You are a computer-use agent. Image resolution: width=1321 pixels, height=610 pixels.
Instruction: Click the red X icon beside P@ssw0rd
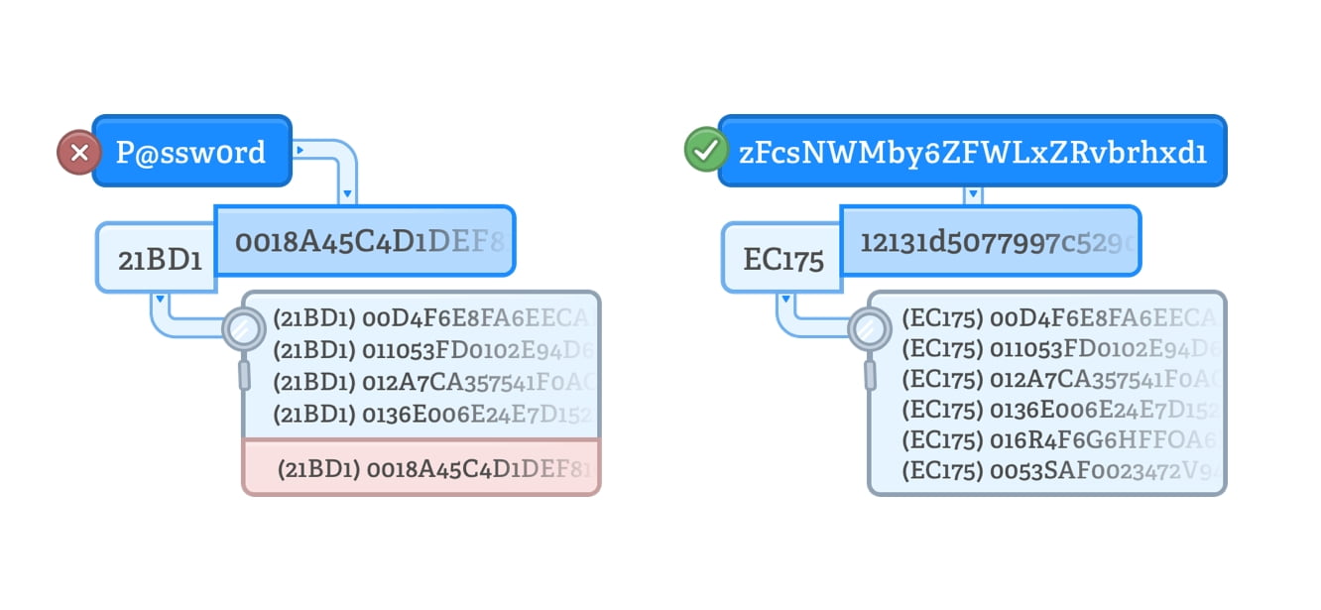(x=78, y=154)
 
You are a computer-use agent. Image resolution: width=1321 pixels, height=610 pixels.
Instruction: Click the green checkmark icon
(x=705, y=152)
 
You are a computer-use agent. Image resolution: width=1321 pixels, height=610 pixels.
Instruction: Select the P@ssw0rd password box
(x=191, y=152)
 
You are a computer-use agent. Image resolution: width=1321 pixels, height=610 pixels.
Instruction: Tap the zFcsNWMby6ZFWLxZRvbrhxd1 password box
(x=972, y=152)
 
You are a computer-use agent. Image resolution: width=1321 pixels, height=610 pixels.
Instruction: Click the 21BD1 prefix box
(x=157, y=260)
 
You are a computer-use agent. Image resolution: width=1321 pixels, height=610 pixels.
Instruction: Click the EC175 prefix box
(x=782, y=260)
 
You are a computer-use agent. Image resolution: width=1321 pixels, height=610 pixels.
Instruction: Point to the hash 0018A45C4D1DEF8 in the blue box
(x=365, y=241)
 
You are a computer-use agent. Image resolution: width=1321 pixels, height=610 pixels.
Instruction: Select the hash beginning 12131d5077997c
(x=990, y=241)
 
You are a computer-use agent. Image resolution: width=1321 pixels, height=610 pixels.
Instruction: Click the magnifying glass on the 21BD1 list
(x=242, y=327)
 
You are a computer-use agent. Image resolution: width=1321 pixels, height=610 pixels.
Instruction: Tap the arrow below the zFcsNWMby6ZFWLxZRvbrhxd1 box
(x=974, y=193)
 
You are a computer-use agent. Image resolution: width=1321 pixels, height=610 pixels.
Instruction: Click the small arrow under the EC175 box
(x=785, y=298)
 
